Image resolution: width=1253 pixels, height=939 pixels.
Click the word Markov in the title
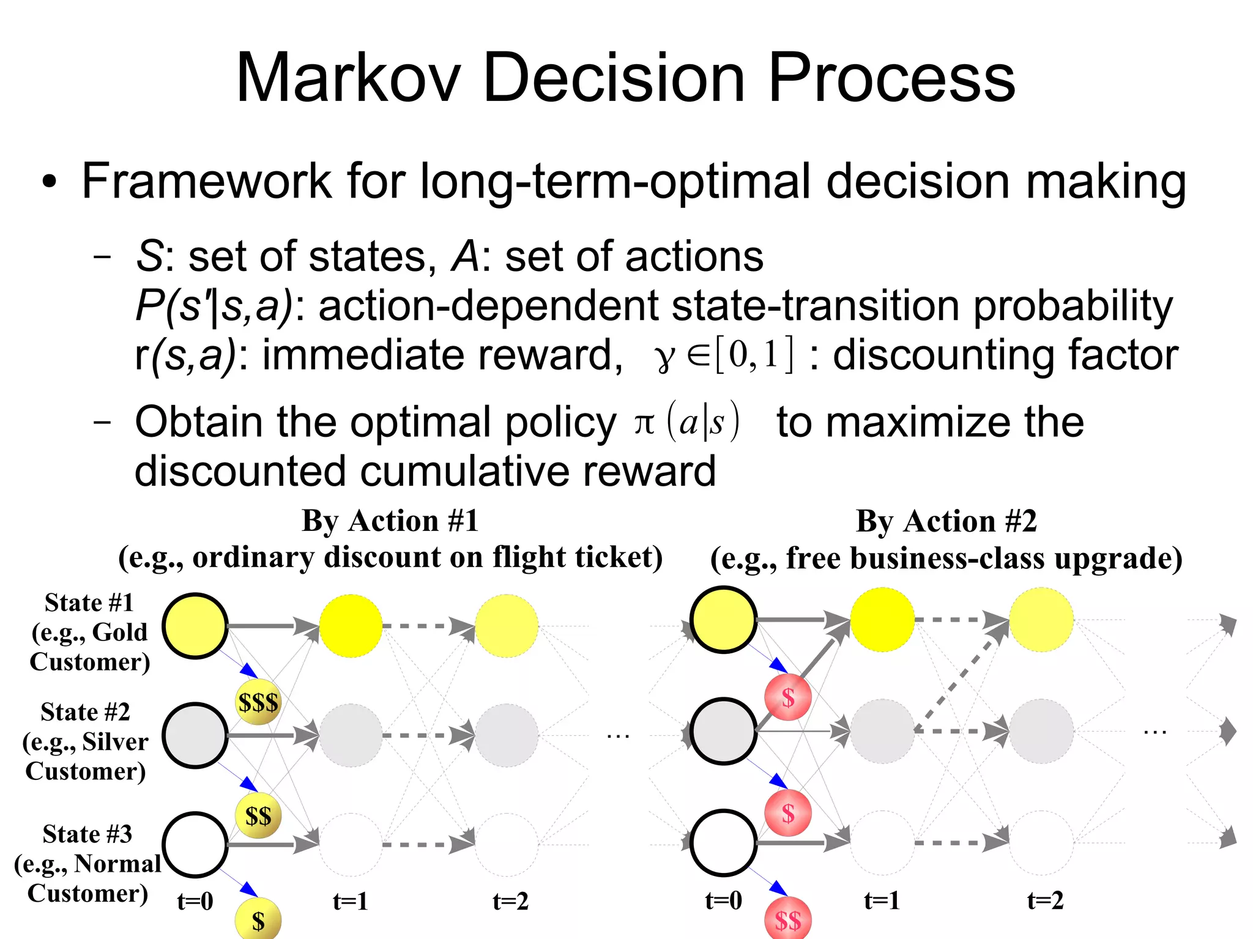pyautogui.click(x=348, y=78)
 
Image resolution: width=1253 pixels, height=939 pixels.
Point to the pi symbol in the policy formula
pyautogui.click(x=644, y=423)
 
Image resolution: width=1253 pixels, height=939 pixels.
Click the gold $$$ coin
pyautogui.click(x=258, y=702)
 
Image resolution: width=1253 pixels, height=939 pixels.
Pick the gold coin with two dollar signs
pyautogui.click(x=258, y=816)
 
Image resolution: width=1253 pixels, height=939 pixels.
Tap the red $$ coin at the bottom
pyautogui.click(x=788, y=919)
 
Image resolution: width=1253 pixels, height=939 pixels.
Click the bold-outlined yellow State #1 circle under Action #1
pyautogui.click(x=195, y=626)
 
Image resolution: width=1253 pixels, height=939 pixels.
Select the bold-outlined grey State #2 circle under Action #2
pyautogui.click(x=723, y=731)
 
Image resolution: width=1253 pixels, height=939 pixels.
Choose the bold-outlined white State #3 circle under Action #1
pyautogui.click(x=195, y=845)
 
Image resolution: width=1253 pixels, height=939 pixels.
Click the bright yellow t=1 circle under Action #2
pyautogui.click(x=882, y=620)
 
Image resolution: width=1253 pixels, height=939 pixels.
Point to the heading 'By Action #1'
pyautogui.click(x=390, y=521)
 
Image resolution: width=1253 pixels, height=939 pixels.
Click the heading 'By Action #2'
pyautogui.click(x=946, y=522)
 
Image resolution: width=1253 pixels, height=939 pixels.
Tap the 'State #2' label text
pyautogui.click(x=86, y=712)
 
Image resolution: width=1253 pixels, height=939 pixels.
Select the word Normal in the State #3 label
pyautogui.click(x=117, y=864)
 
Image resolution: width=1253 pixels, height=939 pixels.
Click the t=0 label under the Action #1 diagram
pyautogui.click(x=195, y=901)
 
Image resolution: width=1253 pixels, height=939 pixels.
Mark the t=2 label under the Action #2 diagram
pyautogui.click(x=1045, y=900)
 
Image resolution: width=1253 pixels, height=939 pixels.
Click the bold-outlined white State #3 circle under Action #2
pyautogui.click(x=723, y=842)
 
